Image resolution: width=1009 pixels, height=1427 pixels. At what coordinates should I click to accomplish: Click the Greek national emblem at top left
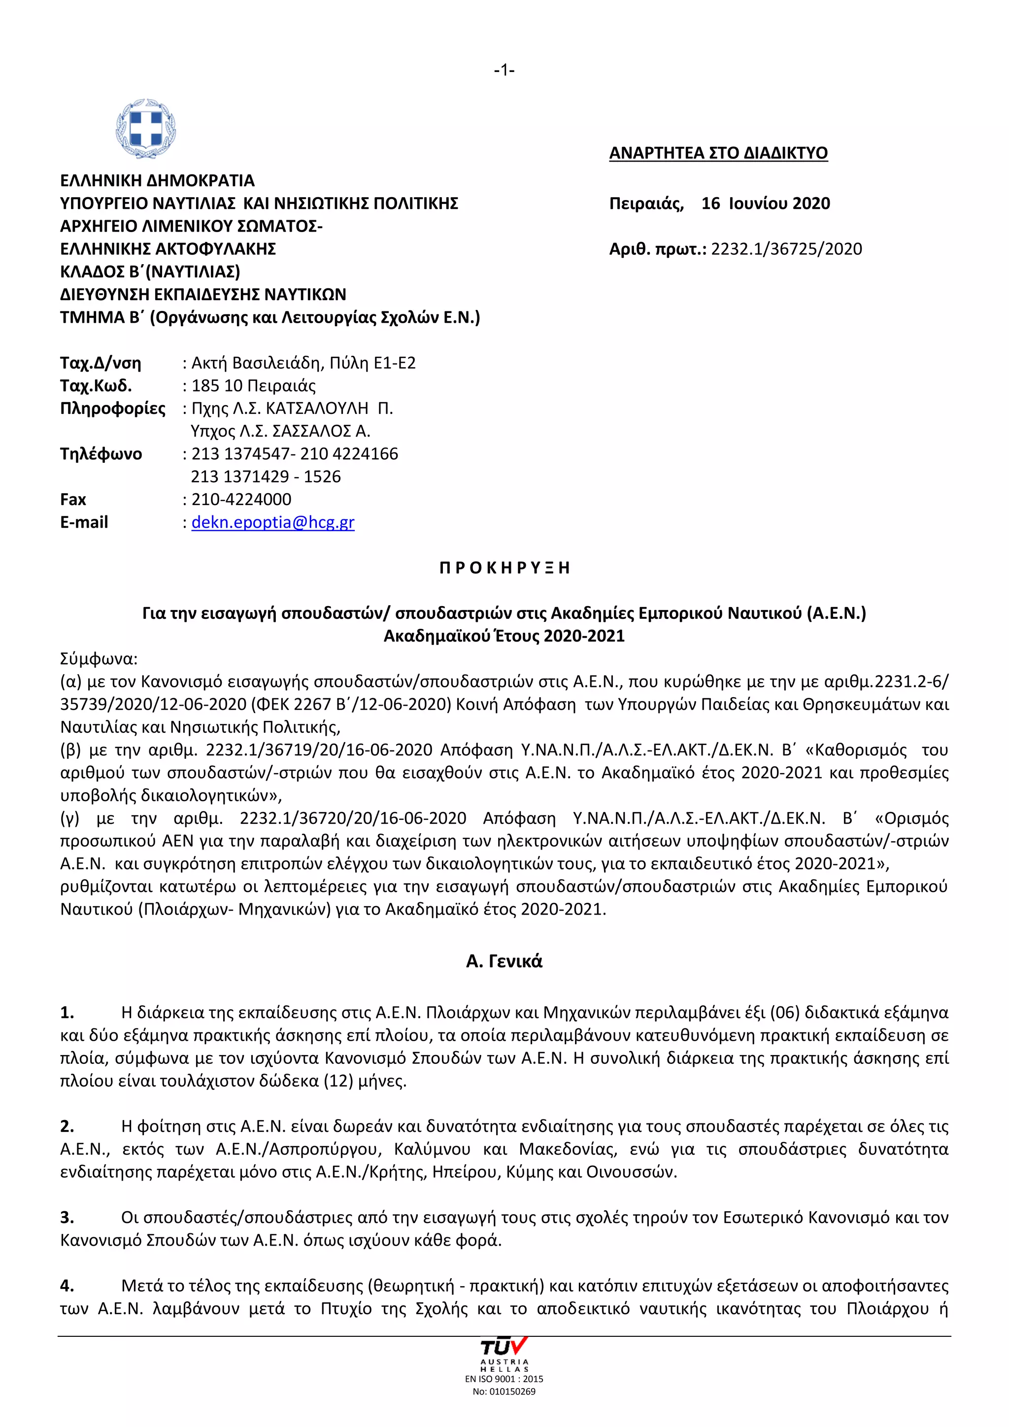coord(146,128)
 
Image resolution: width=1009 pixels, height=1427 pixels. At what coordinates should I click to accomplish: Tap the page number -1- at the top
coord(504,70)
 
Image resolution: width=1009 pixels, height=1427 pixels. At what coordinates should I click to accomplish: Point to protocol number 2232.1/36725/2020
coord(787,249)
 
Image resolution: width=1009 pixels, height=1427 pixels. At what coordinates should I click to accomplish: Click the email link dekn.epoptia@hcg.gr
coord(273,522)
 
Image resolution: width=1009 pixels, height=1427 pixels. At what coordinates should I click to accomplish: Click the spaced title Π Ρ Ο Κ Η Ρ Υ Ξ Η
coord(504,568)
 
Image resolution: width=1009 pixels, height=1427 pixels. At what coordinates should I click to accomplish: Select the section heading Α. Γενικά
coord(504,961)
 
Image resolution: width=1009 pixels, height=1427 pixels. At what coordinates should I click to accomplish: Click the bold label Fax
coord(73,499)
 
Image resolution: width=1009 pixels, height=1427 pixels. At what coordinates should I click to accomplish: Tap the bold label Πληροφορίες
coord(112,408)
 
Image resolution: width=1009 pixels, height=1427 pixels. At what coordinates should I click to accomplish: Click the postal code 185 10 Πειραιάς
coord(254,386)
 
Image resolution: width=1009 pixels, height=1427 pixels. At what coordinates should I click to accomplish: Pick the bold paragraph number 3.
coord(67,1218)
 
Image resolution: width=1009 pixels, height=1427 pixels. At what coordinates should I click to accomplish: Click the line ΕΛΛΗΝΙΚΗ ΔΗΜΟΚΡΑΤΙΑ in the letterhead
coord(157,181)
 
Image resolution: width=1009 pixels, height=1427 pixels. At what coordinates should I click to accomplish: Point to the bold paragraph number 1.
coord(67,1013)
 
